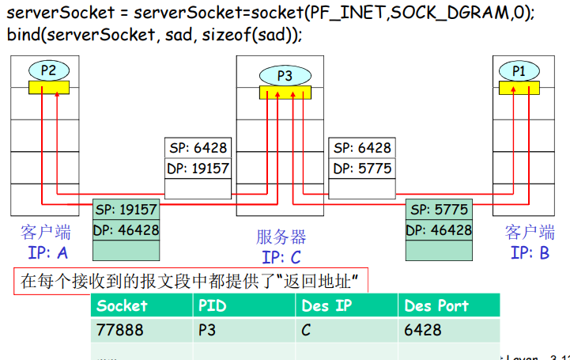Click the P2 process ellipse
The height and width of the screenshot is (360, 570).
click(48, 70)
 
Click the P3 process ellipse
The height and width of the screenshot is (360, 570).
click(284, 76)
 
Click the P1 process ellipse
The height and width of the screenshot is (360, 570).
click(519, 70)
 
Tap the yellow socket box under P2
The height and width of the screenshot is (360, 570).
click(48, 87)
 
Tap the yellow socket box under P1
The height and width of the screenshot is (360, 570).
click(519, 87)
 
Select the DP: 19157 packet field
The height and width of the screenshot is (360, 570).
click(198, 169)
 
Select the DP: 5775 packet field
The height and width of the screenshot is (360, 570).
click(362, 169)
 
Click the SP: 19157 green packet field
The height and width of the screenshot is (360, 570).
click(126, 210)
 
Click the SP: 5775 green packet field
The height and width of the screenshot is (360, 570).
click(440, 210)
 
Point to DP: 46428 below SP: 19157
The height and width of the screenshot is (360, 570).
click(126, 230)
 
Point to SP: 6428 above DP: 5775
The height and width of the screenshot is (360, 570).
click(362, 148)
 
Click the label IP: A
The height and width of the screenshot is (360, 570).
click(47, 252)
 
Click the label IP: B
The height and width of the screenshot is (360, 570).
click(530, 252)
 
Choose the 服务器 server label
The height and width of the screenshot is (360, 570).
click(281, 237)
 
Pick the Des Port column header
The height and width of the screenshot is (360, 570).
click(436, 305)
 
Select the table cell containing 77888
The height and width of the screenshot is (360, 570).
click(119, 329)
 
